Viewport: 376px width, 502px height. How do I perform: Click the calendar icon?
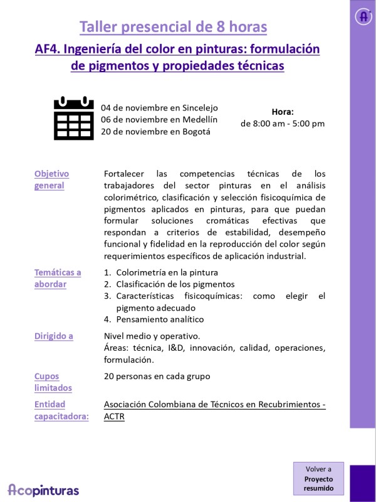[x=73, y=118]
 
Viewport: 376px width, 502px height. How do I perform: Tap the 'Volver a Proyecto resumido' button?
[x=318, y=478]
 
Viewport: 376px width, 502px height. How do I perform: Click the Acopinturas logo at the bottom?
[x=43, y=489]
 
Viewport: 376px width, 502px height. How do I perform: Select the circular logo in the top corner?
[x=363, y=17]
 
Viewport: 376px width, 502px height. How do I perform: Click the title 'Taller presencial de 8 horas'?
[x=173, y=27]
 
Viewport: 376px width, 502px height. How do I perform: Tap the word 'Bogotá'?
[x=196, y=131]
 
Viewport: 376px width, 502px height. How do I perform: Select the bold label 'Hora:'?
[x=283, y=111]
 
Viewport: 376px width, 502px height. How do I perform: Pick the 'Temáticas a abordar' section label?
[x=58, y=278]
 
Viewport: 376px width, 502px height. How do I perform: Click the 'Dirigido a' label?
[x=53, y=336]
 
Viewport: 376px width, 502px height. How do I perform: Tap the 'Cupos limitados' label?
[x=53, y=382]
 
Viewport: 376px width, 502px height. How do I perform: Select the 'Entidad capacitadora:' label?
[x=61, y=410]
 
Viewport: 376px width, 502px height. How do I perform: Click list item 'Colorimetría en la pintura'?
[x=167, y=272]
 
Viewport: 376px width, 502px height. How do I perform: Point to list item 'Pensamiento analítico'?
[x=160, y=319]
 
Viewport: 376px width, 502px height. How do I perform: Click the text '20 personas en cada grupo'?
[x=157, y=376]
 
